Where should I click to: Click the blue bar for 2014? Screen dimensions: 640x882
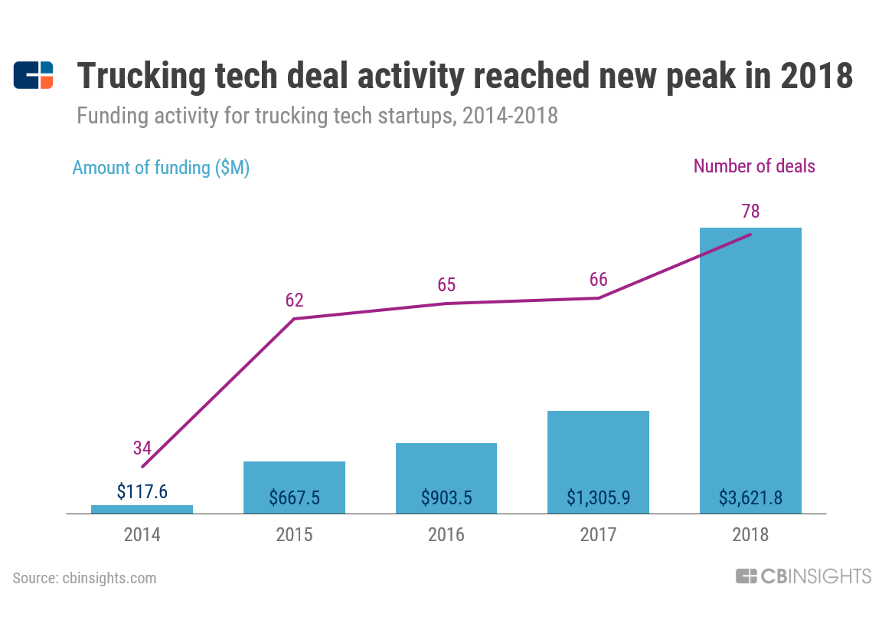tap(142, 509)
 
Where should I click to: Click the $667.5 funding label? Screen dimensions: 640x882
tap(294, 497)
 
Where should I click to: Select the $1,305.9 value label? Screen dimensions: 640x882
tap(598, 497)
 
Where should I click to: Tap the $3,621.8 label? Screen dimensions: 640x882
tap(750, 497)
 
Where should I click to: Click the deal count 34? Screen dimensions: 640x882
tap(142, 448)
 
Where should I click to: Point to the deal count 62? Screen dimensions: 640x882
tap(295, 300)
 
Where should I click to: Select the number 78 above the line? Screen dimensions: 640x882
tap(750, 212)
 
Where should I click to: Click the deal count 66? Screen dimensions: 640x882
tap(599, 279)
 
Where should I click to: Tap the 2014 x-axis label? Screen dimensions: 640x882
tap(142, 534)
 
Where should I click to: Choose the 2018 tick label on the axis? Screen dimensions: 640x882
tap(750, 534)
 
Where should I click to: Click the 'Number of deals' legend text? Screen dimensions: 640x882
tap(754, 166)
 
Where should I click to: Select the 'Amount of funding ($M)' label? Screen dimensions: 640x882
tap(161, 168)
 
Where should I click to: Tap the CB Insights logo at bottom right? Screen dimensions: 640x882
tap(803, 576)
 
